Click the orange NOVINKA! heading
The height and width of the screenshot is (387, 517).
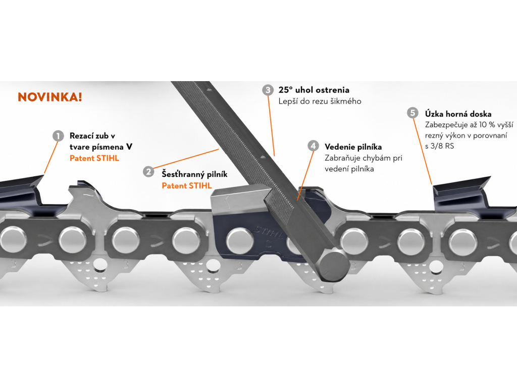(50, 97)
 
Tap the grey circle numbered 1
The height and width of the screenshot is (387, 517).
(59, 136)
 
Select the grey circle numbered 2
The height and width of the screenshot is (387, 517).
(149, 171)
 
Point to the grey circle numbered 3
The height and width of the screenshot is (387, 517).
(268, 90)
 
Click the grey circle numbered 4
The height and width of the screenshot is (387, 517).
(313, 146)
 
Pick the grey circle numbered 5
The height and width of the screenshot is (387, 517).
(412, 113)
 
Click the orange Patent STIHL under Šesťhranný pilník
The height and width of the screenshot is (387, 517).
(187, 185)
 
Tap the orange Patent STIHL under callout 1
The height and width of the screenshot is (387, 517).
(94, 158)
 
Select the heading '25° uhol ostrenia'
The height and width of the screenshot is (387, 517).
(314, 90)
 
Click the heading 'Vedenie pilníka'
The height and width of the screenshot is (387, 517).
(353, 147)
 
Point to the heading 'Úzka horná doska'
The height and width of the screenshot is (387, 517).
(458, 114)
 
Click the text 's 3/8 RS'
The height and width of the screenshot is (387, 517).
(440, 146)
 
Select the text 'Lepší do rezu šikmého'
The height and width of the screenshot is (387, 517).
(320, 101)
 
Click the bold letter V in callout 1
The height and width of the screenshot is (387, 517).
(129, 147)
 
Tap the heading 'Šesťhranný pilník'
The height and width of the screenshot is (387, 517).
(194, 174)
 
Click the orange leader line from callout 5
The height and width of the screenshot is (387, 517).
(423, 151)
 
